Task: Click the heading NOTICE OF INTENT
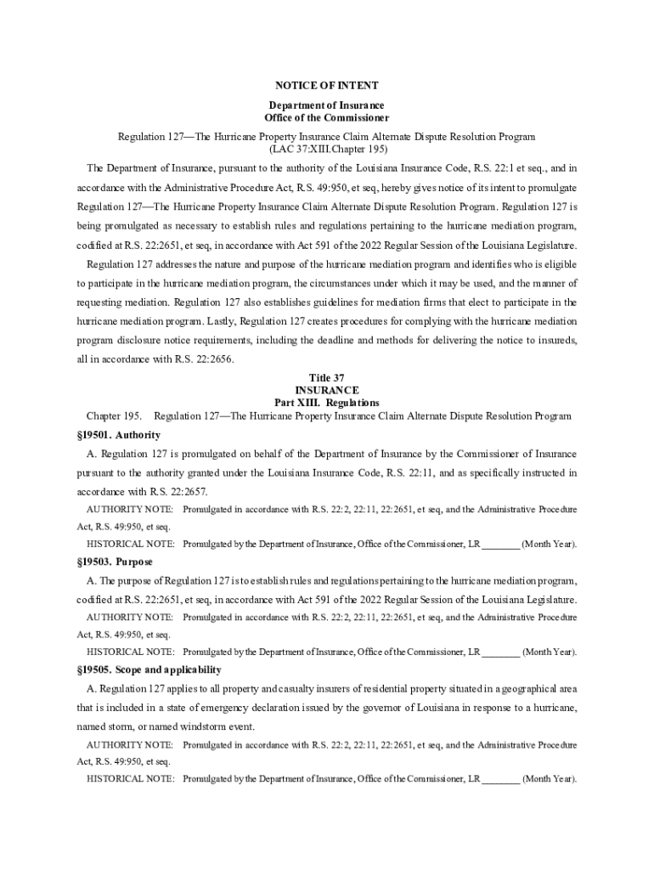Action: [x=327, y=86]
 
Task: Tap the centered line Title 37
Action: [x=327, y=377]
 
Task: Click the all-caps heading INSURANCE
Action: [x=327, y=390]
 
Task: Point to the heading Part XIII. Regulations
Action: [x=327, y=403]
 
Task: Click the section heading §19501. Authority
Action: [x=118, y=435]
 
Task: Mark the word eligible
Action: [x=558, y=263]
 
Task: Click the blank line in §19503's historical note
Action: [x=501, y=652]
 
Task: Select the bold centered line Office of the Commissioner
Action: [x=327, y=117]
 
